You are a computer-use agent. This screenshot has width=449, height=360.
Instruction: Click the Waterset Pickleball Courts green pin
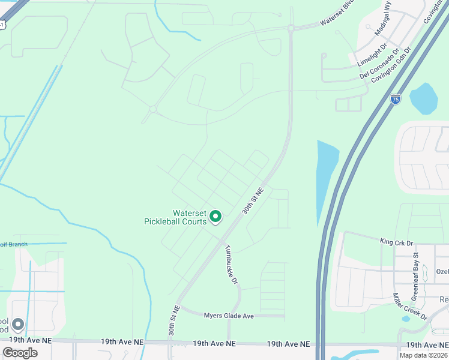[x=215, y=216]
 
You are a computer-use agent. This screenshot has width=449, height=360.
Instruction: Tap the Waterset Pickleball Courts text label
[x=174, y=217]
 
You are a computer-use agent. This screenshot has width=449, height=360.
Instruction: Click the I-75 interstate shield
[x=394, y=100]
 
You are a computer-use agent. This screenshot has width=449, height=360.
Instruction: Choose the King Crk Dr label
[x=397, y=242]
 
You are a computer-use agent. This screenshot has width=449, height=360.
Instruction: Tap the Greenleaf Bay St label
[x=415, y=277]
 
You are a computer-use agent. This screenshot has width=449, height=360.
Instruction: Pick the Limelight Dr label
[x=373, y=53]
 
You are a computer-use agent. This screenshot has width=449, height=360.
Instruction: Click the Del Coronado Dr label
[x=381, y=65]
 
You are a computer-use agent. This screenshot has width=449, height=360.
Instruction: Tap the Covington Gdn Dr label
[x=391, y=66]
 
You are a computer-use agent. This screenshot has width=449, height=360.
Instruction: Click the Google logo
[x=20, y=353]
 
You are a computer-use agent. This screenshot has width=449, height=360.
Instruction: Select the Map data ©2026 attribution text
[x=423, y=355]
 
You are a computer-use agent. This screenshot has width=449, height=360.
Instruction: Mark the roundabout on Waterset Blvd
[x=291, y=28]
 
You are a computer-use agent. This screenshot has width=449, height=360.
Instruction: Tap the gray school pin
[x=18, y=325]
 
